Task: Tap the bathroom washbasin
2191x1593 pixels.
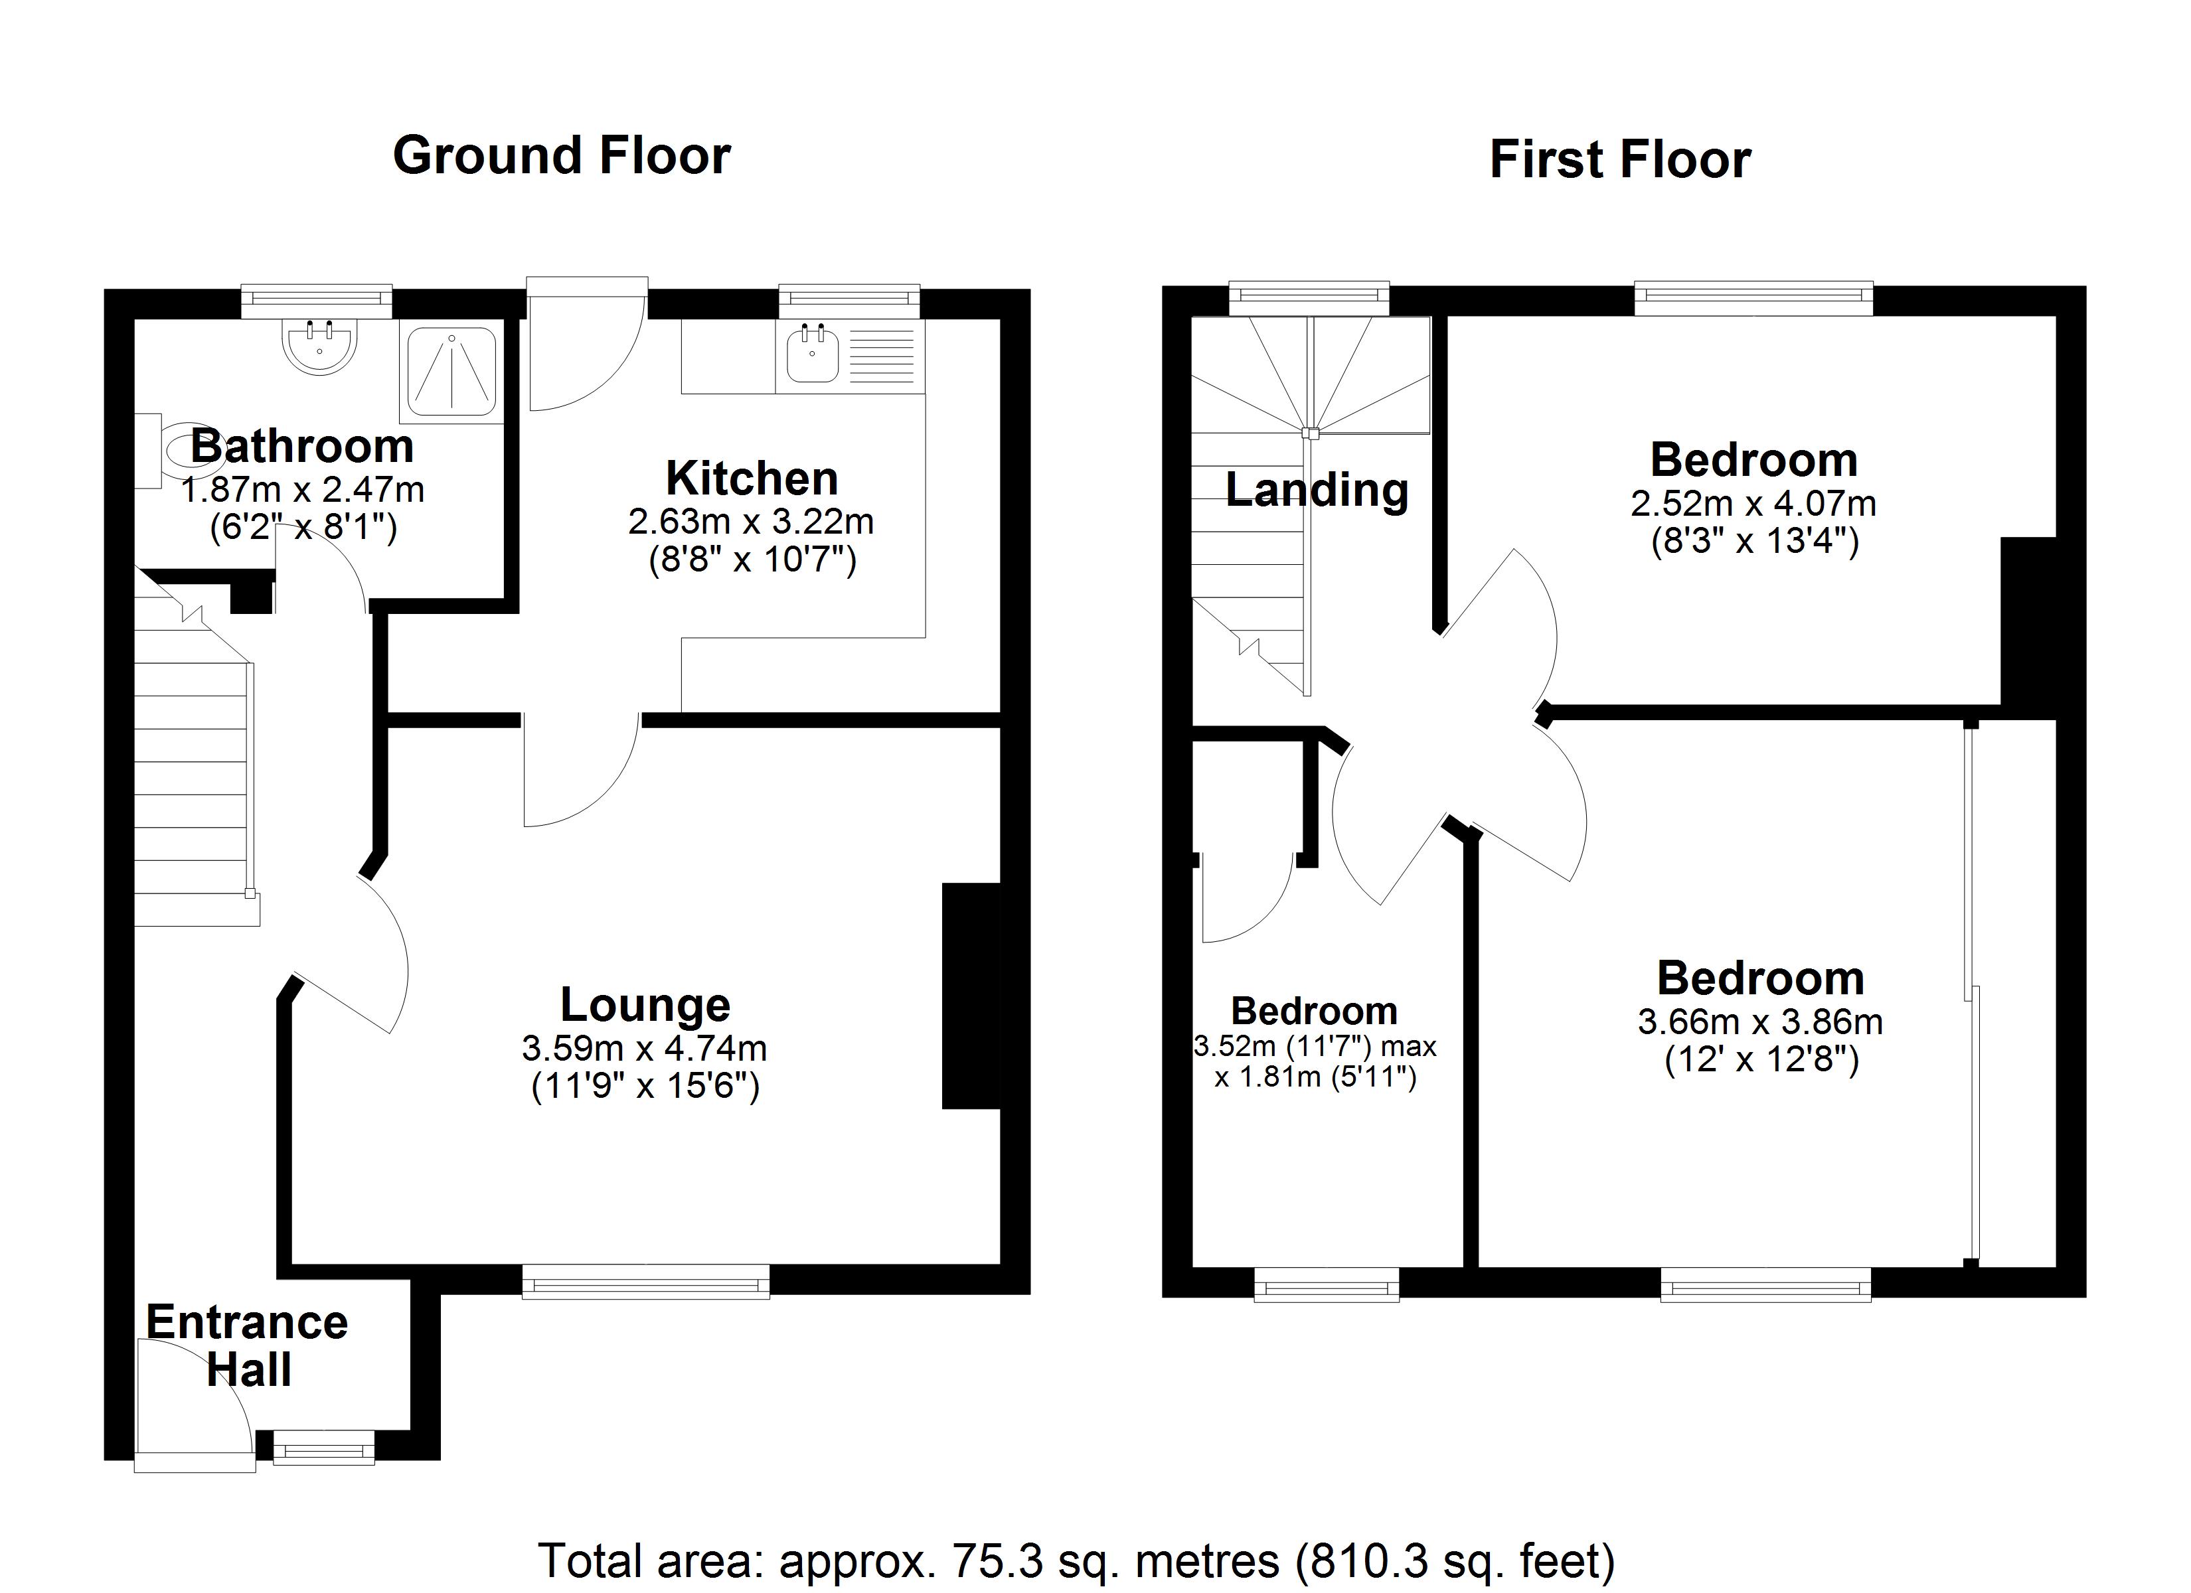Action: pyautogui.click(x=320, y=346)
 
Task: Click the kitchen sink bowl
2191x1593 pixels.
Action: pyautogui.click(x=813, y=354)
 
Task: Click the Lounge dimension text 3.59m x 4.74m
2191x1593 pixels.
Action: pyautogui.click(x=645, y=1047)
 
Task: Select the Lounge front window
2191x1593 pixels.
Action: pyautogui.click(x=646, y=1282)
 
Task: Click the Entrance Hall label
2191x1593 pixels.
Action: pyautogui.click(x=247, y=1345)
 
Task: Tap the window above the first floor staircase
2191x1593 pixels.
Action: pyautogui.click(x=1309, y=299)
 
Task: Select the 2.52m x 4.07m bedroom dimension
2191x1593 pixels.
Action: pyautogui.click(x=1753, y=503)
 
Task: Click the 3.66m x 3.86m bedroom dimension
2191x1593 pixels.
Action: pyautogui.click(x=1760, y=1022)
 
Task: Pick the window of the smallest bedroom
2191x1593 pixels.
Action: pyautogui.click(x=1327, y=1285)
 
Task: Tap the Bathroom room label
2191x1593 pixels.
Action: pyautogui.click(x=302, y=446)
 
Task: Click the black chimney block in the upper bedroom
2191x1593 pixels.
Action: pyautogui.click(x=2029, y=628)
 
